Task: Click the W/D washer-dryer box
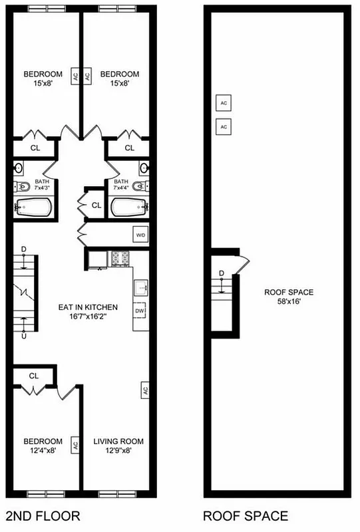(x=140, y=235)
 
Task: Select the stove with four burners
(x=120, y=257)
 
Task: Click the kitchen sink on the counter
(x=141, y=287)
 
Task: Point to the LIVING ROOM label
(x=118, y=442)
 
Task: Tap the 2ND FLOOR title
(x=43, y=515)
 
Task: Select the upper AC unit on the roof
(x=224, y=103)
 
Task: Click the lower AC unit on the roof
(x=224, y=126)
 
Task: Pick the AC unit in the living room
(x=144, y=390)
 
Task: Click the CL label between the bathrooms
(x=96, y=205)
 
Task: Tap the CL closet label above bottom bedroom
(x=34, y=376)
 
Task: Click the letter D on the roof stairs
(x=222, y=273)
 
